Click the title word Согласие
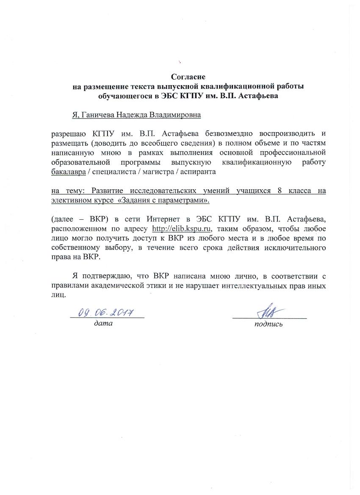[x=188, y=77]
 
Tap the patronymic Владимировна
[x=172, y=114]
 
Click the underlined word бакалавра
[x=66, y=172]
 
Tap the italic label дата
[x=104, y=324]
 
